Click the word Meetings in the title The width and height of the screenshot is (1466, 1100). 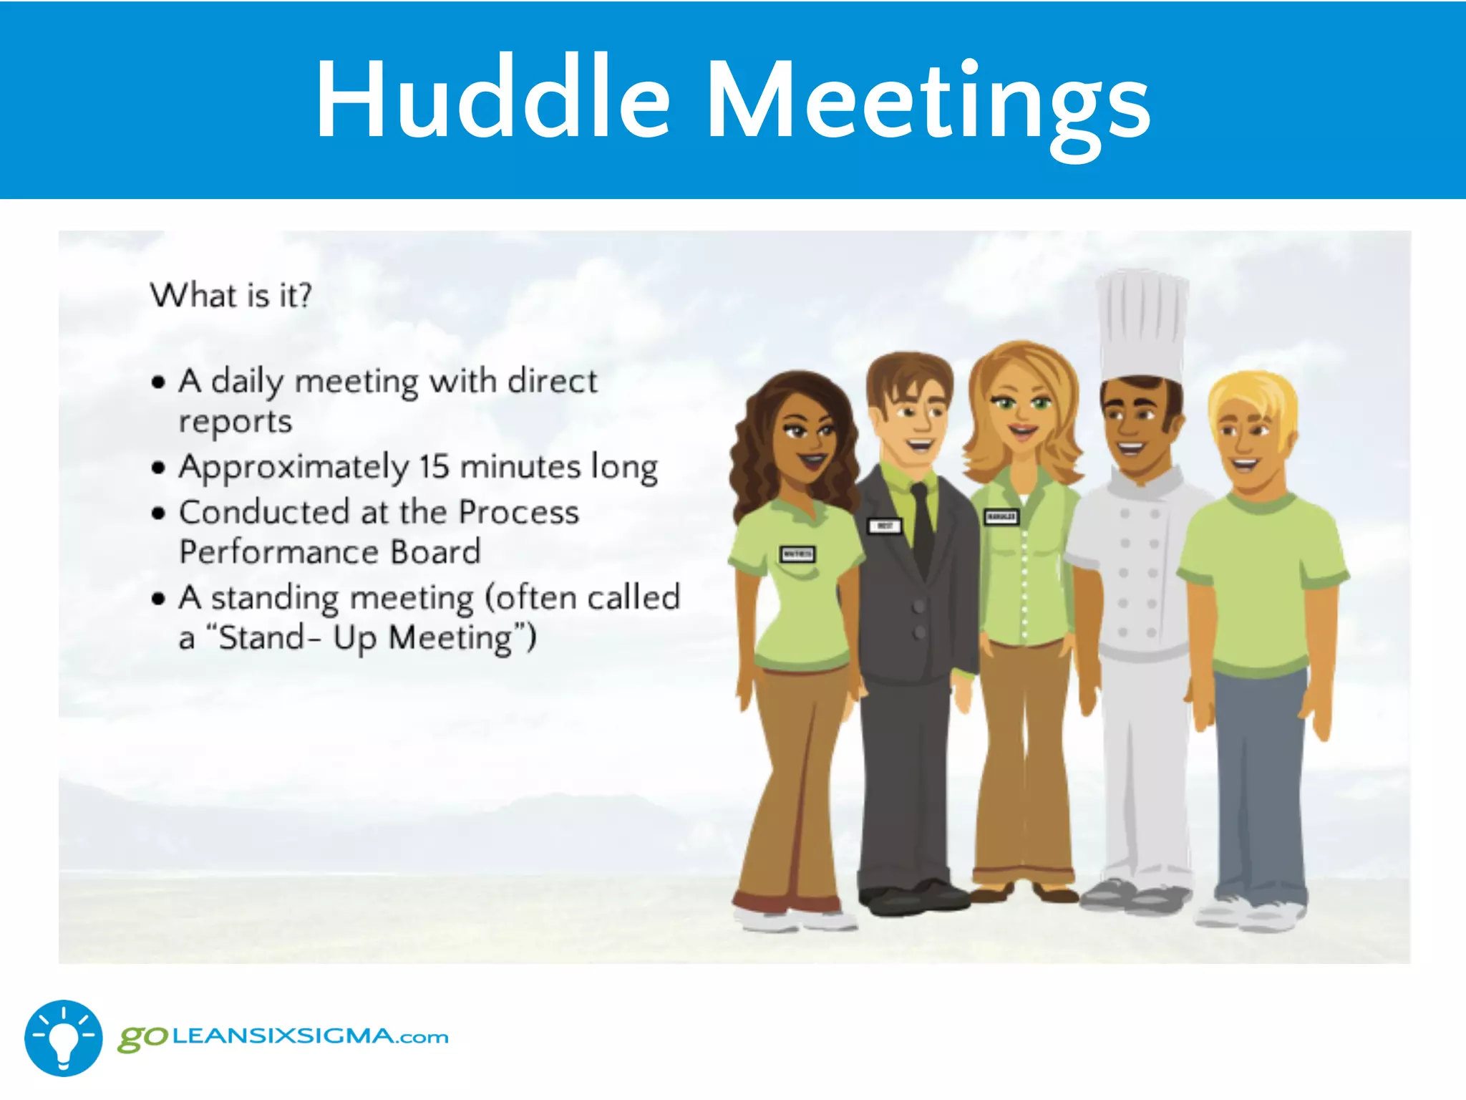pos(928,100)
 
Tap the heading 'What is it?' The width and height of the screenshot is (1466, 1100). pos(231,295)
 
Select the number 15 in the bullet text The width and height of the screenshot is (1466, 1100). pos(434,467)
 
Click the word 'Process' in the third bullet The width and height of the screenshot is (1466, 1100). pos(519,512)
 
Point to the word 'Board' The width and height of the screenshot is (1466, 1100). pos(435,552)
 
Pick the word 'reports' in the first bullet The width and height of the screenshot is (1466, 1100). pos(236,422)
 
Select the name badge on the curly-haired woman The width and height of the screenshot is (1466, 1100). pos(797,554)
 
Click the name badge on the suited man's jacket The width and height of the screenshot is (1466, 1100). pos(885,526)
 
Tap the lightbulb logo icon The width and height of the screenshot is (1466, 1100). pos(64,1038)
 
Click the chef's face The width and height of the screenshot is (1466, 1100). pos(1135,426)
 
